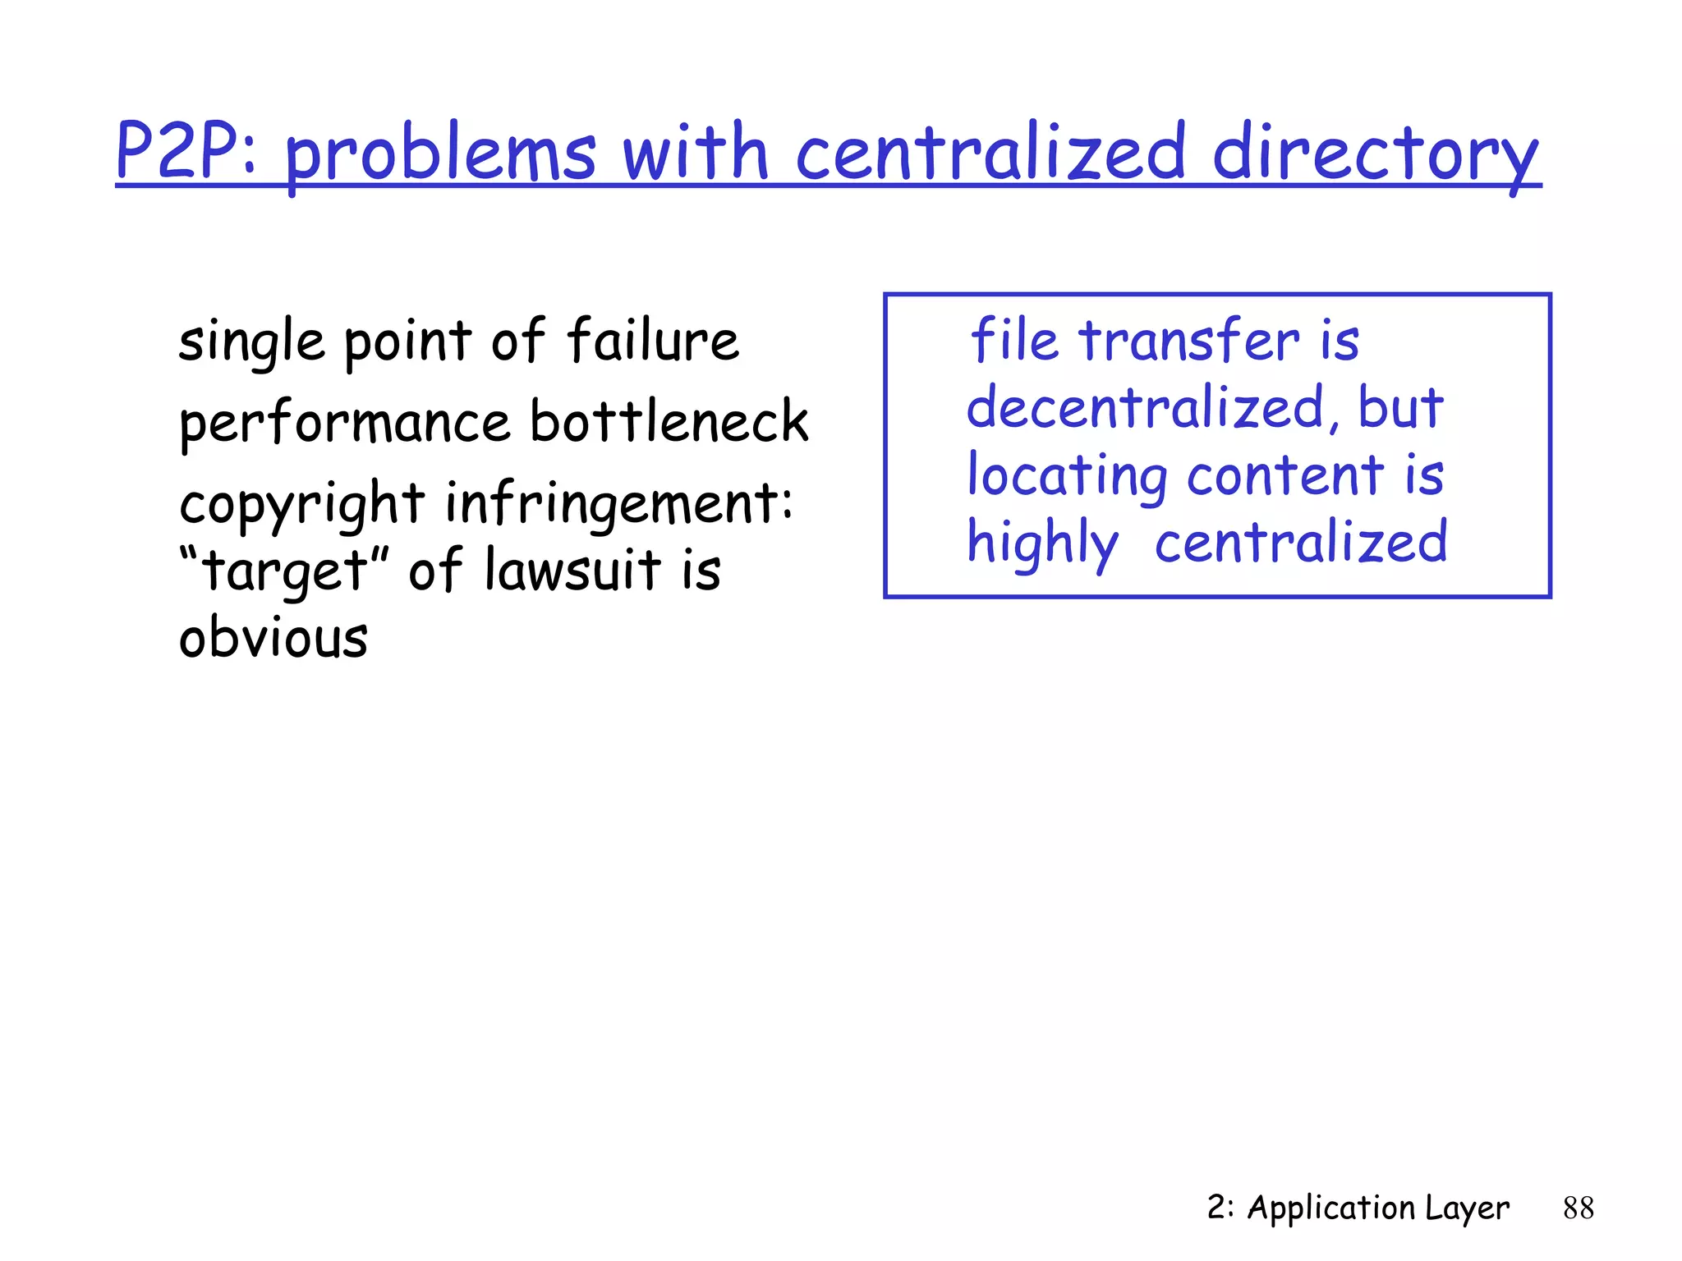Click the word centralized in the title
tap(990, 152)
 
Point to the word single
tap(251, 342)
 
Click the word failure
tap(653, 340)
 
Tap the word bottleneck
tap(669, 420)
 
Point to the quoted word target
tap(283, 571)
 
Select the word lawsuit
tap(572, 569)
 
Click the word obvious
tap(273, 638)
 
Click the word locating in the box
tap(1067, 476)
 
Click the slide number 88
tap(1578, 1208)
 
